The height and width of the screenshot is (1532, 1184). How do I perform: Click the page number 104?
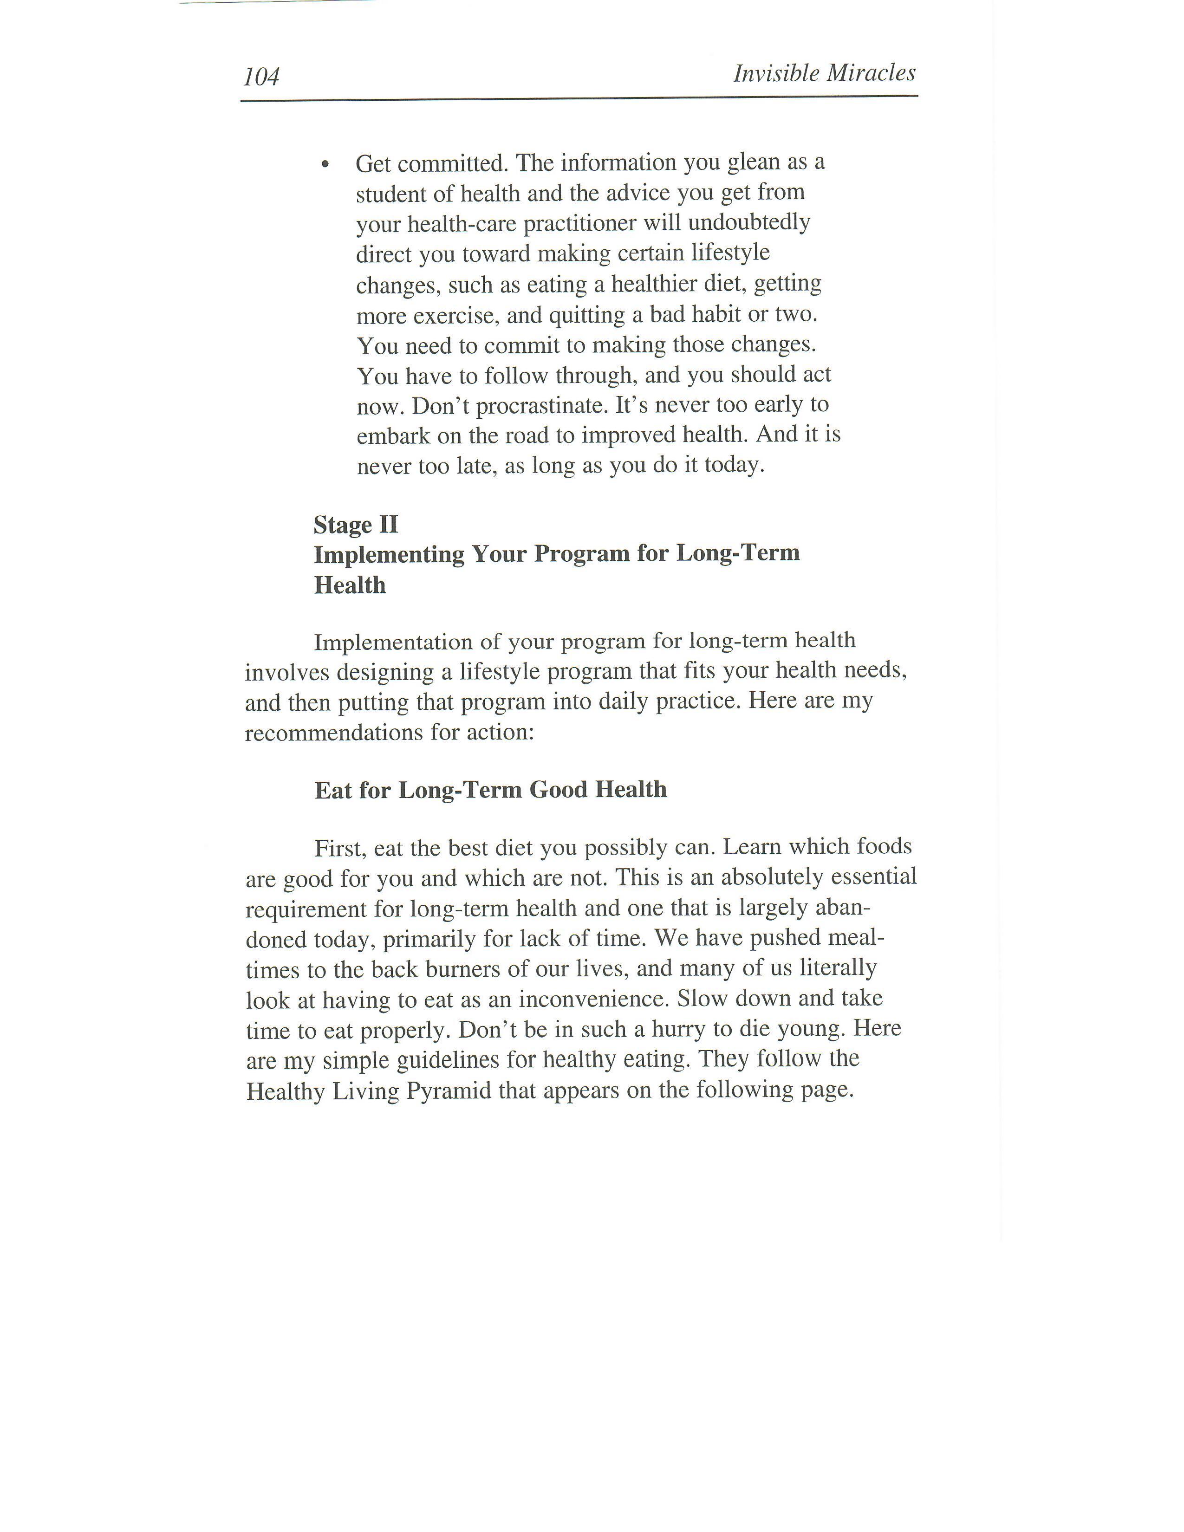pos(261,76)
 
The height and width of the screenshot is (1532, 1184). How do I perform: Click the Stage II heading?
pos(356,524)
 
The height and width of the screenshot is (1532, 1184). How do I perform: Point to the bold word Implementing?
pos(389,555)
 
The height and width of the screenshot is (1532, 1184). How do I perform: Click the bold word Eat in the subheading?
pos(333,791)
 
